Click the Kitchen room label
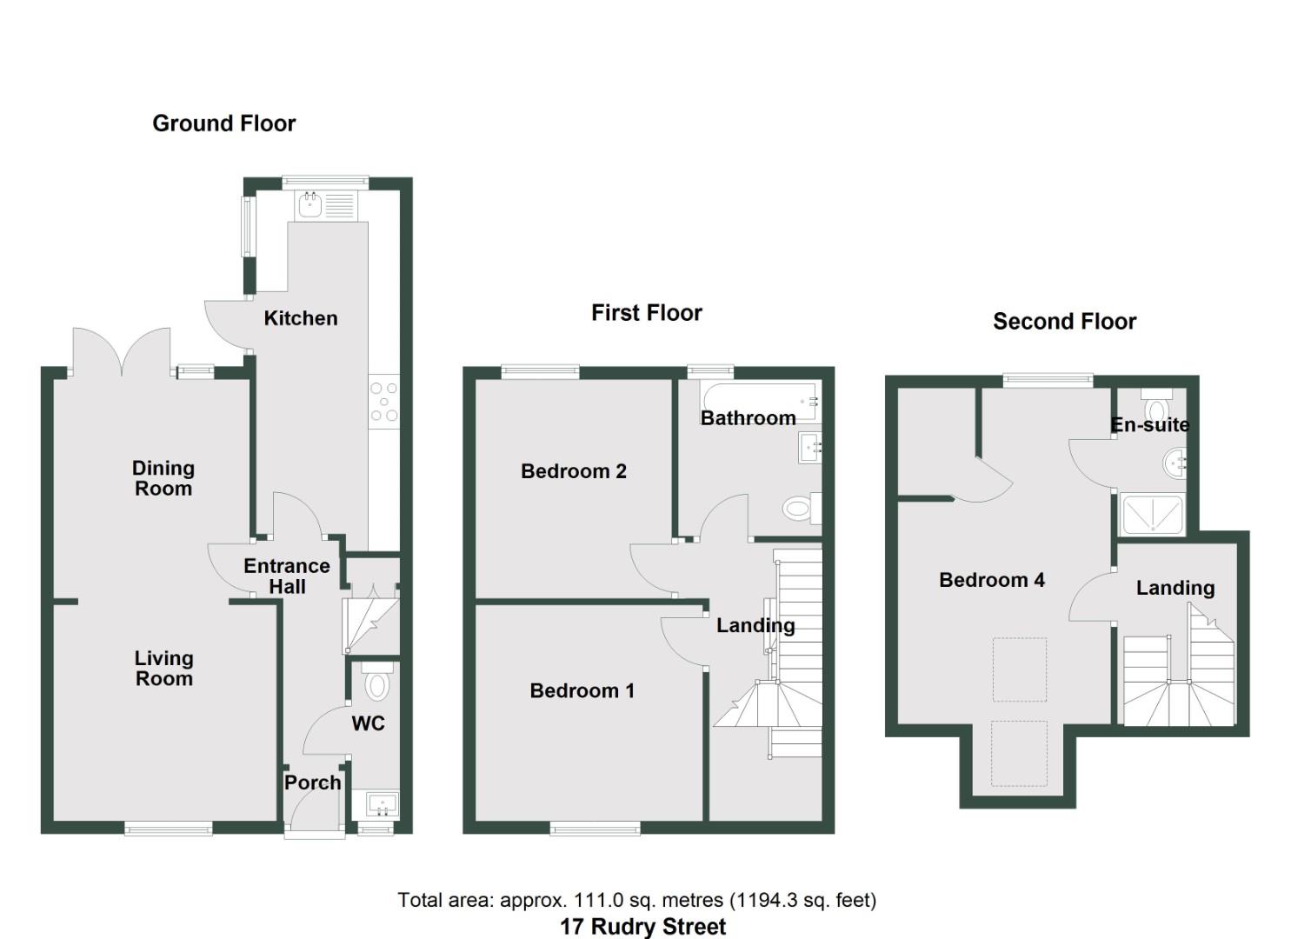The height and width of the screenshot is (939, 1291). tap(300, 318)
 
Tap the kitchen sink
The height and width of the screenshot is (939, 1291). tap(310, 205)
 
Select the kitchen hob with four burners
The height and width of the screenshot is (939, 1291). tap(383, 403)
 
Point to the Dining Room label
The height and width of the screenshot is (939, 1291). tap(163, 478)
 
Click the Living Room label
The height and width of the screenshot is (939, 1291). tap(163, 669)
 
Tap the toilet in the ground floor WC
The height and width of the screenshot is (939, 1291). tap(376, 683)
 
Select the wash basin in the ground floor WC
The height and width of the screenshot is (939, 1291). tap(381, 805)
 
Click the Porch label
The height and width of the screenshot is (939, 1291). tap(312, 782)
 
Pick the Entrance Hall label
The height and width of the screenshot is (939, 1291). tap(287, 576)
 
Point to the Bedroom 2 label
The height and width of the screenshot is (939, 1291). tap(573, 471)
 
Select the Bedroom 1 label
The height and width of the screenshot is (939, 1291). tap(582, 691)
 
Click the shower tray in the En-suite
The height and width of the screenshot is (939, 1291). tap(1152, 514)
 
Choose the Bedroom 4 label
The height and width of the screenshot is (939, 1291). tap(991, 580)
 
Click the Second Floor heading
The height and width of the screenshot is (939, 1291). tap(1064, 322)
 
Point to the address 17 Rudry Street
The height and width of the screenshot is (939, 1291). tap(642, 927)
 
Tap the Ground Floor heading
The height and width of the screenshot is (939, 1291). tap(223, 123)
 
